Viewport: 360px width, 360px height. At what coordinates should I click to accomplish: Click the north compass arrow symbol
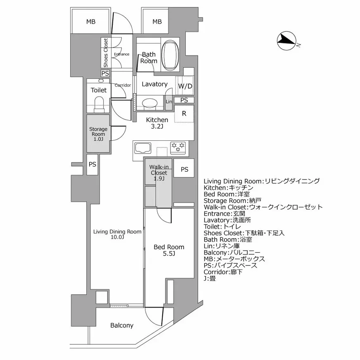(x=286, y=40)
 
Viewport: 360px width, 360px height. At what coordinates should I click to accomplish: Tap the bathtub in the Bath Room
(x=170, y=53)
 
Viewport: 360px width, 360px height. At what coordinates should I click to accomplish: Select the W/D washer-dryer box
(x=185, y=86)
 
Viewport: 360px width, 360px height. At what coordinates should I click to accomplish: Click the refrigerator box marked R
(x=184, y=114)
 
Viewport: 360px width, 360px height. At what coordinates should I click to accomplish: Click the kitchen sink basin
(x=142, y=147)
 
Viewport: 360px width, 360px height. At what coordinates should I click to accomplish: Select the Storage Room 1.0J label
(x=98, y=134)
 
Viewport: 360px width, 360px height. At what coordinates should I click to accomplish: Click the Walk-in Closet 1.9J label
(x=159, y=173)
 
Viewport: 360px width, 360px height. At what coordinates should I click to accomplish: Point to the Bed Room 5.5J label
(x=168, y=250)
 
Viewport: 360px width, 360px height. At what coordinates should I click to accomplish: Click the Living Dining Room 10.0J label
(x=117, y=234)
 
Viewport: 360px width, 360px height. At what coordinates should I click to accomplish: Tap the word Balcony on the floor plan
(x=122, y=325)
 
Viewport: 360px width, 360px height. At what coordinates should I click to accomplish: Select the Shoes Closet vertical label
(x=106, y=53)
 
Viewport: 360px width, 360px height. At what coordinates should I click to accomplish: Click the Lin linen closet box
(x=168, y=102)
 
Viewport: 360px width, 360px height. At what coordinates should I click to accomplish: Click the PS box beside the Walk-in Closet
(x=184, y=169)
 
